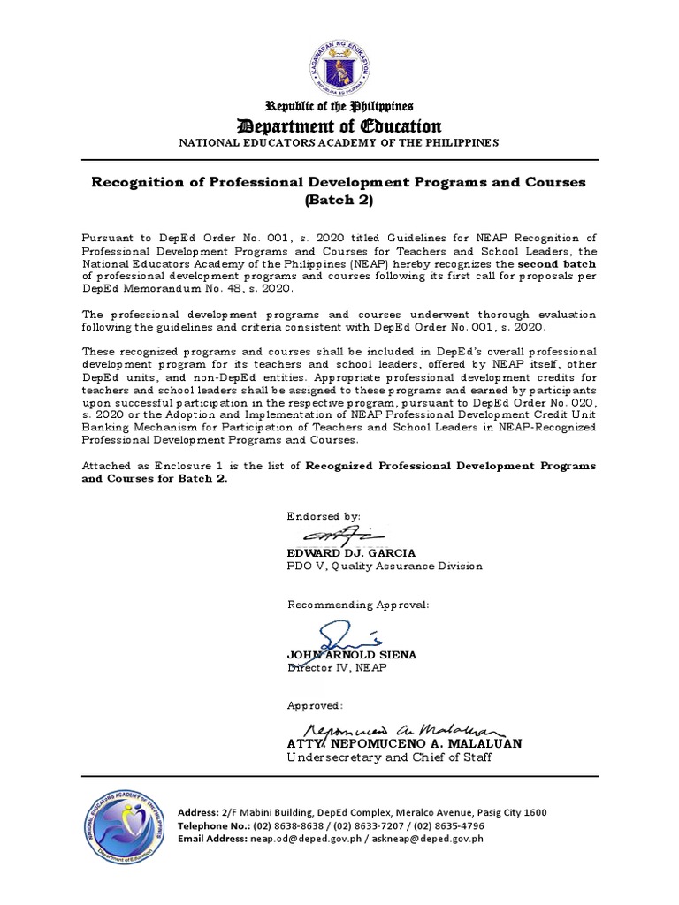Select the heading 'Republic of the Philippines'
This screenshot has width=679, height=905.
pyautogui.click(x=339, y=107)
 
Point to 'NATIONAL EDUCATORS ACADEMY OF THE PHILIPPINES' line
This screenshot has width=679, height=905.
pyautogui.click(x=339, y=143)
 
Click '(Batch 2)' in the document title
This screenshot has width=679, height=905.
pyautogui.click(x=339, y=201)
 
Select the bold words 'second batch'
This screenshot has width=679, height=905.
pyautogui.click(x=556, y=263)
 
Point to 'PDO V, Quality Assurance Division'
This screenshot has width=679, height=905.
pyautogui.click(x=385, y=566)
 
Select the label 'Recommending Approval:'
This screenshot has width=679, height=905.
pyautogui.click(x=358, y=605)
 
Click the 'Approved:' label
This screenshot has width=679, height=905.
pyautogui.click(x=314, y=706)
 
